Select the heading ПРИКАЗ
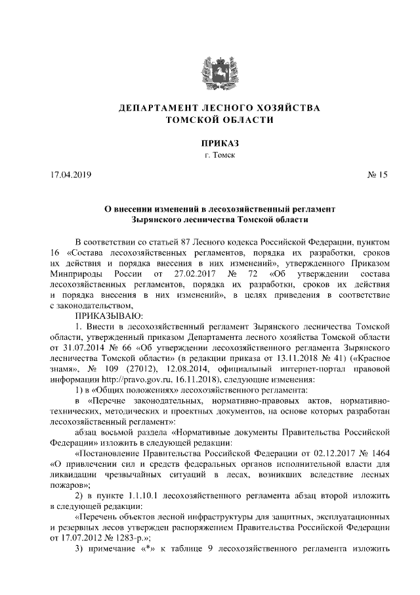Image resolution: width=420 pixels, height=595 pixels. coord(210,143)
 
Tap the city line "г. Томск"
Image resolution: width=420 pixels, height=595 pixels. coord(210,156)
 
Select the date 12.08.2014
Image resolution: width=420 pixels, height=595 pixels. coord(194,368)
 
